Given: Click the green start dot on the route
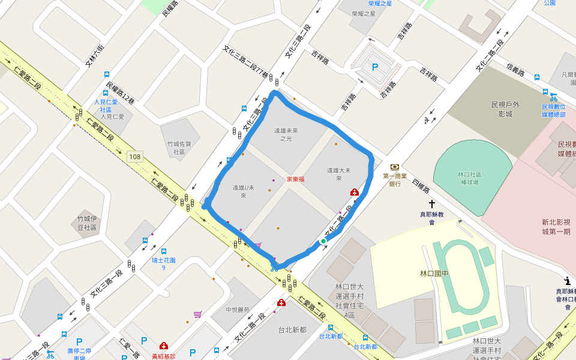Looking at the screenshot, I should click(x=323, y=241).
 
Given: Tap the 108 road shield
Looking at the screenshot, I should click(x=134, y=157).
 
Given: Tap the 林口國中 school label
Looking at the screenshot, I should click(x=434, y=274).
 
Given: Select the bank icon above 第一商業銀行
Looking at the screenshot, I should click(x=395, y=167).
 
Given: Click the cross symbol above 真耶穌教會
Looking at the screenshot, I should click(x=431, y=205).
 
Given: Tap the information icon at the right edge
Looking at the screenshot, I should click(x=567, y=280).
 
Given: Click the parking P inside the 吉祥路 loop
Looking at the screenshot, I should click(x=376, y=68).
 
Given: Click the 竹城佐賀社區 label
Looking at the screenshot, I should click(x=179, y=148).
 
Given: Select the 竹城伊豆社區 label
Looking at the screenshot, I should click(x=87, y=223).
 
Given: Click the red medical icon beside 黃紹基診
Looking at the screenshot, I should click(x=163, y=346).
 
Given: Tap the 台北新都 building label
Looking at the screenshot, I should click(x=292, y=329).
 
